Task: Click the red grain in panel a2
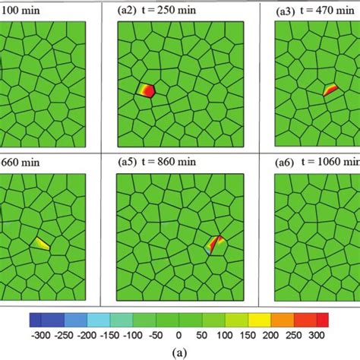coord(147,90)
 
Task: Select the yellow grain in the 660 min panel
coord(42,244)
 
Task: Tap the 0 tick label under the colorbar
coord(178,333)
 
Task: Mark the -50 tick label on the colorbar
coord(157,333)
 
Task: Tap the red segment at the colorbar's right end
coord(322,318)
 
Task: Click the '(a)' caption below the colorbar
coord(180,351)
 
